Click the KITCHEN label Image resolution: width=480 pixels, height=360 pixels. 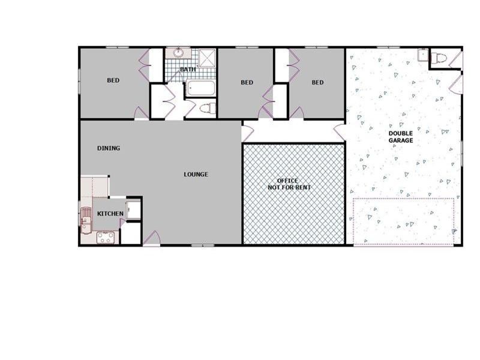click(x=110, y=214)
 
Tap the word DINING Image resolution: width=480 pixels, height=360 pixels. click(x=109, y=148)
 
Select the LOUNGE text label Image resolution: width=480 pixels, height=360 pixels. click(x=196, y=175)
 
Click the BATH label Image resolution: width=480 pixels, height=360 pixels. click(x=188, y=70)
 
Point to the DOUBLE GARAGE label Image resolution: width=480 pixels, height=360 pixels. click(x=401, y=137)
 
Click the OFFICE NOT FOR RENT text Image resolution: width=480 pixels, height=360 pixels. click(x=287, y=184)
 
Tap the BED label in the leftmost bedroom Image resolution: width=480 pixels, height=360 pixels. click(x=113, y=80)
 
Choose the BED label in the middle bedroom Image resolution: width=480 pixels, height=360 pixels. click(x=247, y=83)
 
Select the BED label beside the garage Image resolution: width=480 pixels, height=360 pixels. click(x=317, y=83)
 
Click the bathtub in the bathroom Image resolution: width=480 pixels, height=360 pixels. click(x=200, y=89)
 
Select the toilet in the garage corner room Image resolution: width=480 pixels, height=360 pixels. click(x=440, y=58)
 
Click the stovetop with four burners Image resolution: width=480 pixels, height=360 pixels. click(x=106, y=237)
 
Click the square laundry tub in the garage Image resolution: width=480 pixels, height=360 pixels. click(x=423, y=55)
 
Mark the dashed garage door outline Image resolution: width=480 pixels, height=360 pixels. click(x=403, y=221)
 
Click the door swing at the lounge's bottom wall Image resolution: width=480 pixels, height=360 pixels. click(x=152, y=238)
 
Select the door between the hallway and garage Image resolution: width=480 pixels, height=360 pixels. click(x=340, y=133)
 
